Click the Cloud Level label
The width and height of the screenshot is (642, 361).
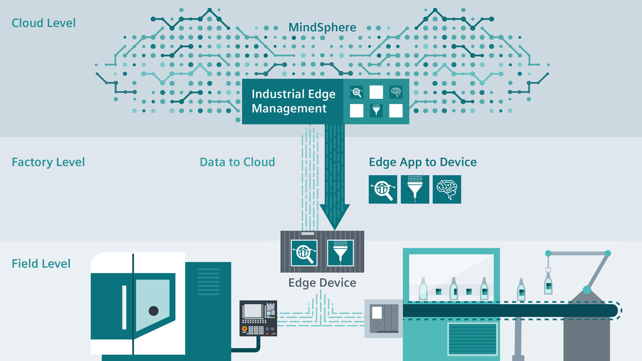(44, 23)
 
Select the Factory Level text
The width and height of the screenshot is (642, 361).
(48, 162)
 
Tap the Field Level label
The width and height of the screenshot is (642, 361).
(41, 264)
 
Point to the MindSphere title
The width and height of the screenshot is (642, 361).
(322, 27)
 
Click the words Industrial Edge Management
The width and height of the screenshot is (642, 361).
(293, 101)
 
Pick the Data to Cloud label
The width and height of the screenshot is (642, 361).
(237, 162)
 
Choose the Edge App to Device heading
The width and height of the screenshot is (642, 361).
(422, 162)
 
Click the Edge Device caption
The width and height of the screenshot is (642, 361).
(322, 283)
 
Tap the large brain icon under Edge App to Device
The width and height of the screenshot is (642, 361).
(446, 190)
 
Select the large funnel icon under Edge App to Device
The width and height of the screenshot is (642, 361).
(415, 190)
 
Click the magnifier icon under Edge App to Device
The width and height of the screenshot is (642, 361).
(383, 190)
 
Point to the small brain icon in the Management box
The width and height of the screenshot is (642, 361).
(396, 92)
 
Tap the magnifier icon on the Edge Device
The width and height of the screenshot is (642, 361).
(304, 252)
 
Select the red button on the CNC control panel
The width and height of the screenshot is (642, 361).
(245, 329)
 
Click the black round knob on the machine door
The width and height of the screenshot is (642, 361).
(153, 311)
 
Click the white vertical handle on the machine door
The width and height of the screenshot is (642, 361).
(124, 307)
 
